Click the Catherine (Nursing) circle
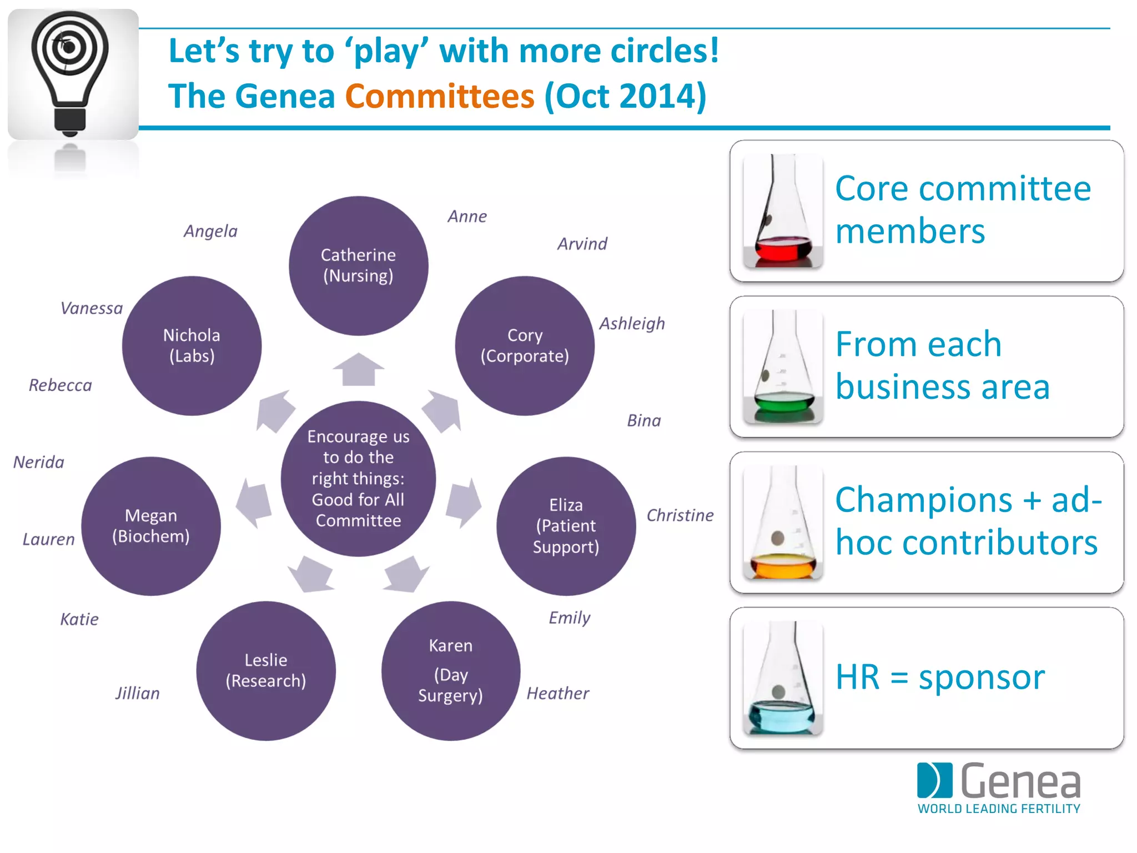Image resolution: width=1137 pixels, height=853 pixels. coord(358,265)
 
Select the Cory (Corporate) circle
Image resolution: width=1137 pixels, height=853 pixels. coord(525,345)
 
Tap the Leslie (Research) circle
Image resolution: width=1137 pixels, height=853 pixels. coord(266,670)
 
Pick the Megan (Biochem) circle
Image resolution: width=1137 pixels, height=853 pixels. coord(151,526)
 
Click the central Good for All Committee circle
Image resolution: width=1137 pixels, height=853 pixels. coord(358,478)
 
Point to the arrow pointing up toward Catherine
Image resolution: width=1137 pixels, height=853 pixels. coord(358,369)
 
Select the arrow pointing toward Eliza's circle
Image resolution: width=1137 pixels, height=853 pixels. coord(463,503)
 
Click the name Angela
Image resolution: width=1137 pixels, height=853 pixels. coord(210,231)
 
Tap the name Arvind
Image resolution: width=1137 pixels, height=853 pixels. coord(582,244)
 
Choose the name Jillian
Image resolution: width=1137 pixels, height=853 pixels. coord(137,693)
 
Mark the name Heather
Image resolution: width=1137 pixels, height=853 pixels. coord(557,693)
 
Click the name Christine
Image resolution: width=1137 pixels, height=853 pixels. coord(680,515)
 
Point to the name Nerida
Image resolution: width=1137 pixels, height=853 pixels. coord(39,462)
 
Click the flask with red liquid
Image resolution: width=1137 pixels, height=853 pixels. coord(783,211)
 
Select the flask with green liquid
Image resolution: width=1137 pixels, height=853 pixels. coord(783,367)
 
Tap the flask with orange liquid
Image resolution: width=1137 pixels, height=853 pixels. coord(783,523)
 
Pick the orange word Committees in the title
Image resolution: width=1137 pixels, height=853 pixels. coord(439,96)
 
